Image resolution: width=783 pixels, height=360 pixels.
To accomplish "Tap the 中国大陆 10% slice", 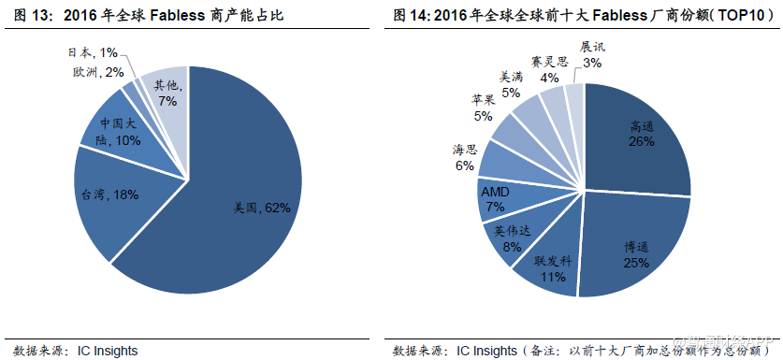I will coord(119,133).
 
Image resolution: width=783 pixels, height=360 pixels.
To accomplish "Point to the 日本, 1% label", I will coord(94,54).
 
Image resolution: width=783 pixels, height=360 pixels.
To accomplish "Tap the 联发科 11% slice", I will coord(552,268).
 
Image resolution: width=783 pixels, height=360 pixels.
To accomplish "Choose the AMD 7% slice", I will coord(495,198).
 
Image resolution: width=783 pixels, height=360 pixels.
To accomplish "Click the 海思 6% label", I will coord(465,157).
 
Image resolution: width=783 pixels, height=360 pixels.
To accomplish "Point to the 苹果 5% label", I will coord(483,108).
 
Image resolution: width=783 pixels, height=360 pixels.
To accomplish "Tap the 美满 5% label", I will coord(511,85).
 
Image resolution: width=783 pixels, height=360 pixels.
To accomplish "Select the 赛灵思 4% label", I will coord(549,69).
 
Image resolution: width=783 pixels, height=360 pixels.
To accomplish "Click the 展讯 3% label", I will coord(592,54).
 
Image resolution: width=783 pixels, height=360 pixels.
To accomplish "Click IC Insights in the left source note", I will coord(105,351).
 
